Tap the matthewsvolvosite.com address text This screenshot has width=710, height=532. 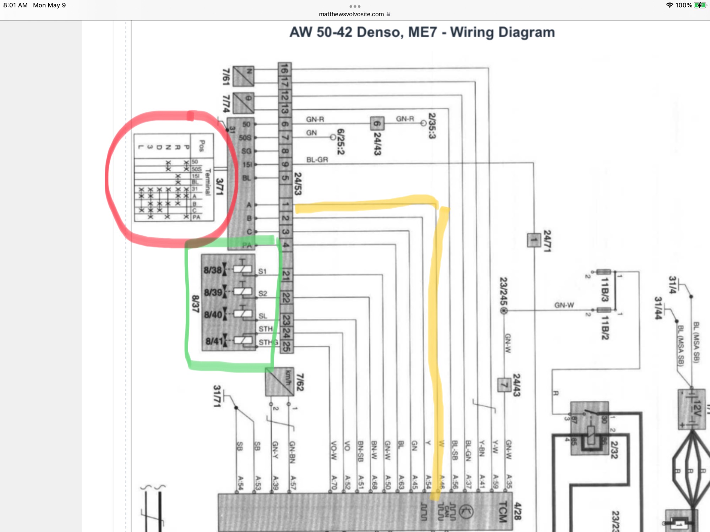(351, 14)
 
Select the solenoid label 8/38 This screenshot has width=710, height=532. (212, 270)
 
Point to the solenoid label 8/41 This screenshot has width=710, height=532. (214, 341)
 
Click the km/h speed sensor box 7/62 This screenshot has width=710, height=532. (279, 382)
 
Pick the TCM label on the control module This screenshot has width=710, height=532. (502, 511)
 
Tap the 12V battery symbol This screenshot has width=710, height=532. (692, 408)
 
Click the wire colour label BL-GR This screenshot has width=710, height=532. (317, 160)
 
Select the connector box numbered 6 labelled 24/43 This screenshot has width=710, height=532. (377, 124)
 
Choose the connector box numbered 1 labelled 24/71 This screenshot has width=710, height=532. (534, 240)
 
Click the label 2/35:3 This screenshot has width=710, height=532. (432, 126)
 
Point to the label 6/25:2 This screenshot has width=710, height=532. (340, 142)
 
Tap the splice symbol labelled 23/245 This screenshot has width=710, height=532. (504, 311)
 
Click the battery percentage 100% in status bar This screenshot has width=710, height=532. (683, 5)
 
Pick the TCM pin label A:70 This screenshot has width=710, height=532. (334, 482)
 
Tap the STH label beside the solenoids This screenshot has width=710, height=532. (265, 329)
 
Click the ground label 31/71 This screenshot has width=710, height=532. (217, 396)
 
